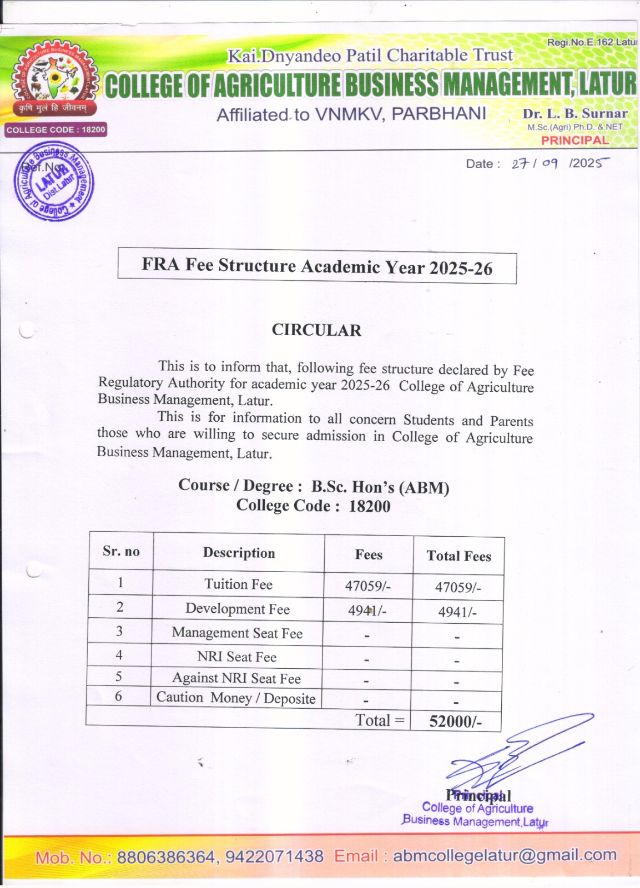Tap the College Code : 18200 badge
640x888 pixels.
coord(56,130)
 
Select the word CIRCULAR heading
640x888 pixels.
coord(316,330)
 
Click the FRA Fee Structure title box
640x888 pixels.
coord(317,266)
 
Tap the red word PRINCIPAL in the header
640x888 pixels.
coord(575,140)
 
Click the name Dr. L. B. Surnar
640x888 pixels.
coord(575,114)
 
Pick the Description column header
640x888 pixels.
coord(239,553)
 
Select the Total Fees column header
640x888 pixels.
coord(458,556)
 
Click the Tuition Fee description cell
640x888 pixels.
coord(238,584)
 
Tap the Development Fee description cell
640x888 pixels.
coord(238,609)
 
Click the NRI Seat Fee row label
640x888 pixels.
coord(237,657)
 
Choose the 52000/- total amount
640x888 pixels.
coord(455,722)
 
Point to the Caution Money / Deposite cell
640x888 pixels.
coord(236,698)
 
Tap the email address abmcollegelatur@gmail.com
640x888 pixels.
coord(505,855)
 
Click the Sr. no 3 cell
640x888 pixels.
coord(119,632)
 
